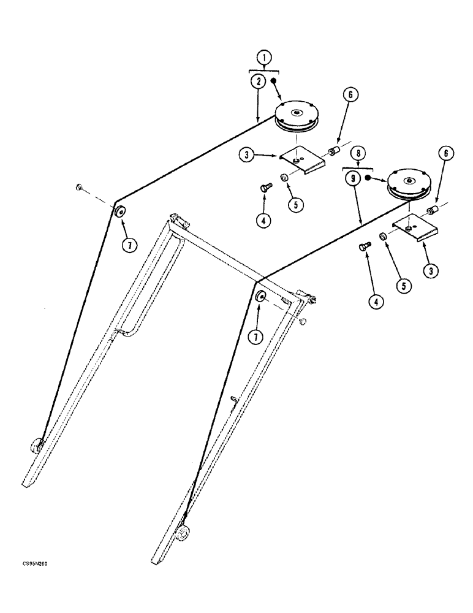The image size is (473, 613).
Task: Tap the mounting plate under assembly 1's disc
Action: tap(301, 161)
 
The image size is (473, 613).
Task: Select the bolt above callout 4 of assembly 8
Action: tap(363, 246)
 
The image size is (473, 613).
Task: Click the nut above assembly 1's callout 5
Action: tap(285, 178)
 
